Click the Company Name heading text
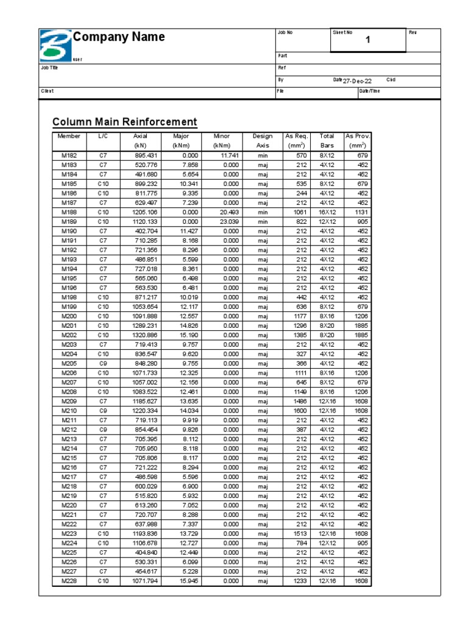(x=119, y=37)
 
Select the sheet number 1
(x=367, y=40)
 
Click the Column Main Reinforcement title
(x=125, y=122)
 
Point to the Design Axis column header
(x=262, y=141)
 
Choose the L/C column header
(x=103, y=136)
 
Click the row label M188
(x=69, y=212)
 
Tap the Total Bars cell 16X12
(x=327, y=212)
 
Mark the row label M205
(x=69, y=363)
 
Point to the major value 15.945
(x=188, y=581)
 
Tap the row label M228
(x=69, y=581)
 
